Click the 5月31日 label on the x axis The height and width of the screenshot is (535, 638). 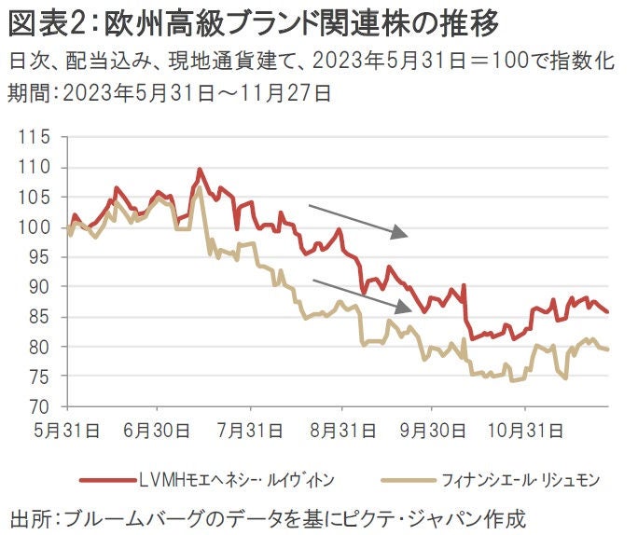pos(66,431)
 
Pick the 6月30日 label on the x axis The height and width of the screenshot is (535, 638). pos(158,431)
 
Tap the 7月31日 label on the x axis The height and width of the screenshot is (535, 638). pos(250,431)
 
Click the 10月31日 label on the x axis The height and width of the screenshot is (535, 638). pos(525,431)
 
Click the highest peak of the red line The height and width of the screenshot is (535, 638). pos(200,171)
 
